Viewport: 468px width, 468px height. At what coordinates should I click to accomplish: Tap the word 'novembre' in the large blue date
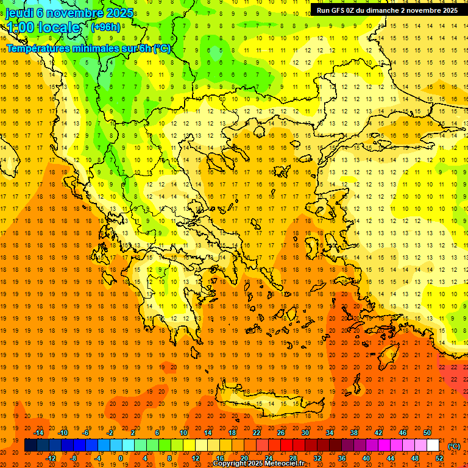click(x=68, y=13)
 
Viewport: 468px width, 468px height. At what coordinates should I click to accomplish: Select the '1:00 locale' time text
click(x=43, y=27)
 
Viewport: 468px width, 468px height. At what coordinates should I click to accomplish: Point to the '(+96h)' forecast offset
click(x=105, y=27)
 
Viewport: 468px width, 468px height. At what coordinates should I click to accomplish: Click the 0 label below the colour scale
click(x=120, y=458)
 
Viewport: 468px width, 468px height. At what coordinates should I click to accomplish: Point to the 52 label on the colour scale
click(x=439, y=458)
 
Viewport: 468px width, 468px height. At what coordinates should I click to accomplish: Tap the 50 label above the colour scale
click(x=427, y=433)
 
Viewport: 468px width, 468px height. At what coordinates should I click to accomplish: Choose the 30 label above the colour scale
click(x=305, y=433)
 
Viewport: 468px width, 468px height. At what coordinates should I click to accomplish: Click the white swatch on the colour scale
click(x=433, y=445)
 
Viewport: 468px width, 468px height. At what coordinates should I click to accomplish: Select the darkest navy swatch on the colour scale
click(x=30, y=445)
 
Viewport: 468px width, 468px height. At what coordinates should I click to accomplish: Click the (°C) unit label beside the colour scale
click(x=454, y=446)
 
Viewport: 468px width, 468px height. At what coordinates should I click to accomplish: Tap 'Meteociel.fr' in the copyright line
click(x=286, y=464)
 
